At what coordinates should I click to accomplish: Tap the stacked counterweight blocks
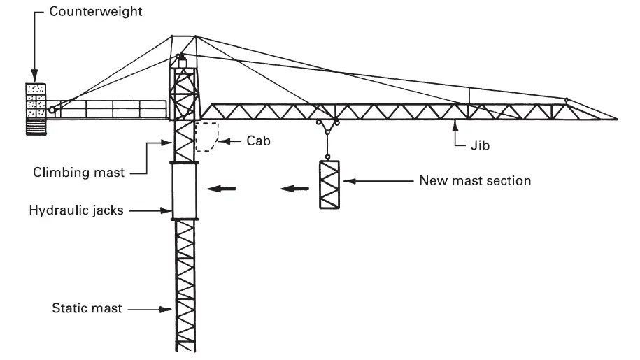click(36, 101)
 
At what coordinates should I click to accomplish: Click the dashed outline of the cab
click(207, 136)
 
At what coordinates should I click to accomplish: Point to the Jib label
click(478, 147)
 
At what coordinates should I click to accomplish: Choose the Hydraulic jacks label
click(76, 210)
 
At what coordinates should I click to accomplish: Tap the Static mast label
click(87, 308)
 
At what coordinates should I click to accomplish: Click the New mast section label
click(475, 181)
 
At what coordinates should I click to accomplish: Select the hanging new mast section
click(328, 185)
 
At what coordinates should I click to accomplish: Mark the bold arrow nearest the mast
click(220, 188)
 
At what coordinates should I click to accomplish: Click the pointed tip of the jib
click(616, 120)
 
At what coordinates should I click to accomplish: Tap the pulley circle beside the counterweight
click(51, 110)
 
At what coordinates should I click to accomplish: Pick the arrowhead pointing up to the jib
click(455, 124)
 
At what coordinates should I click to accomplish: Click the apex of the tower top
click(195, 36)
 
